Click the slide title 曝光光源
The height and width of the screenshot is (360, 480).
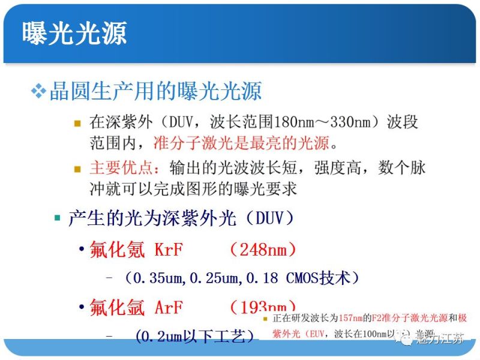click(x=74, y=33)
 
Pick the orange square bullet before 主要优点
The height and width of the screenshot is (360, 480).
click(x=77, y=167)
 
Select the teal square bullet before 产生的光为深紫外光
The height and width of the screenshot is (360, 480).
click(x=58, y=217)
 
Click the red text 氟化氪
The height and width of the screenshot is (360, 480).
click(x=117, y=249)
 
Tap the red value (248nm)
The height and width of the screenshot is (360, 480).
click(x=264, y=249)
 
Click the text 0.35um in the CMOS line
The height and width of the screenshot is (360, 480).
click(x=158, y=278)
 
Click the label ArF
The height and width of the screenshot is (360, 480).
click(x=169, y=308)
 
